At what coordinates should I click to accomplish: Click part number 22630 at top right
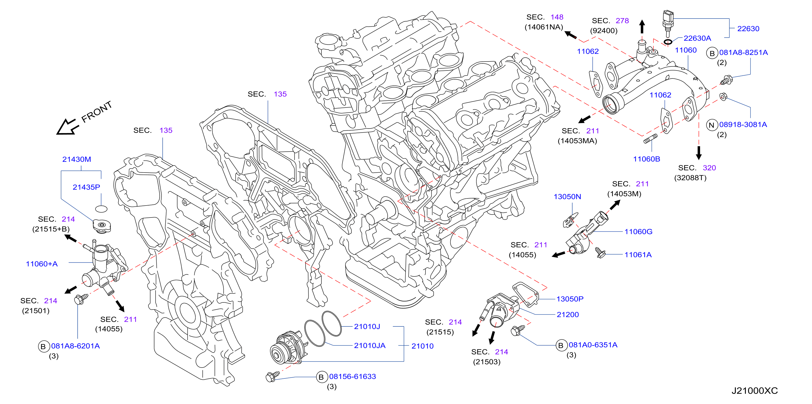(x=748, y=29)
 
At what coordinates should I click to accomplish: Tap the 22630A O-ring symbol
(x=668, y=42)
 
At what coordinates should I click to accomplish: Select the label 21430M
(x=77, y=159)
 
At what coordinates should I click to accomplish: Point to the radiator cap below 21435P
(x=102, y=226)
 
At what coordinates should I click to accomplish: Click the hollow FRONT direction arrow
(x=67, y=127)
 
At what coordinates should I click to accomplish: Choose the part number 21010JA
(x=370, y=345)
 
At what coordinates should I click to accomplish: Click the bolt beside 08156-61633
(x=272, y=376)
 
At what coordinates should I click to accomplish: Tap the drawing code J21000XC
(x=754, y=391)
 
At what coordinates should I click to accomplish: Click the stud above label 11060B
(x=650, y=139)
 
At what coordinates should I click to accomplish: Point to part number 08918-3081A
(x=743, y=124)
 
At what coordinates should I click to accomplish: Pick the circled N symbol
(x=711, y=125)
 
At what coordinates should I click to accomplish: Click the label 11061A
(x=638, y=255)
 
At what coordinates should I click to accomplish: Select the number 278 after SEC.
(x=622, y=21)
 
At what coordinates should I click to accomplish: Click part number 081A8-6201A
(x=75, y=346)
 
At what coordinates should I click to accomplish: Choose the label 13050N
(x=567, y=197)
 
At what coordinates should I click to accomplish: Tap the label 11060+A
(x=42, y=264)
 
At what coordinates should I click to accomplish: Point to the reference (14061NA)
(x=544, y=27)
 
